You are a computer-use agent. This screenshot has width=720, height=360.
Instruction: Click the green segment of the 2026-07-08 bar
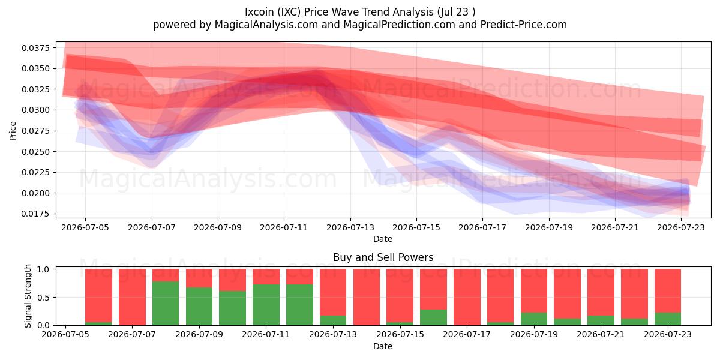pyautogui.click(x=166, y=303)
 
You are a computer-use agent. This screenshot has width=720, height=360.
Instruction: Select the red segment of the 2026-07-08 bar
pyautogui.click(x=166, y=275)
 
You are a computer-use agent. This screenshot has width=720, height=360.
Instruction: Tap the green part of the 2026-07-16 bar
pyautogui.click(x=433, y=317)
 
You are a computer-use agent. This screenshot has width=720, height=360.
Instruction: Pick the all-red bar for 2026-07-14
pyautogui.click(x=367, y=297)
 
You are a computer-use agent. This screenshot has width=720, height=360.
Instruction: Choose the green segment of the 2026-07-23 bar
pyautogui.click(x=668, y=319)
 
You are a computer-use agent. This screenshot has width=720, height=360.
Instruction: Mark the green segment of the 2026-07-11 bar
pyautogui.click(x=266, y=305)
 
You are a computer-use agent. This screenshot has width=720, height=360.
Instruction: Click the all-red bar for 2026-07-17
pyautogui.click(x=467, y=297)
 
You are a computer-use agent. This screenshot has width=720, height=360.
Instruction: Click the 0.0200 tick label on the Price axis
pyautogui.click(x=36, y=193)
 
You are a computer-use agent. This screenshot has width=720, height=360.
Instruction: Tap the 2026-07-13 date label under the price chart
pyautogui.click(x=350, y=227)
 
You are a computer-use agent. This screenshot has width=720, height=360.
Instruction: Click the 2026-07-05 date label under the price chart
pyautogui.click(x=85, y=227)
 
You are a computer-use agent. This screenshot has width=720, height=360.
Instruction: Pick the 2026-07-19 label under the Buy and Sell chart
pyautogui.click(x=534, y=334)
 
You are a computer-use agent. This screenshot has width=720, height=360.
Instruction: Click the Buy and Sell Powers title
pyautogui.click(x=383, y=257)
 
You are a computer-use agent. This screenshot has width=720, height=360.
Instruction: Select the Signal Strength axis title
pyautogui.click(x=28, y=296)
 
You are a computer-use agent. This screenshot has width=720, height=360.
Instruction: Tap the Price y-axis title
pyautogui.click(x=13, y=131)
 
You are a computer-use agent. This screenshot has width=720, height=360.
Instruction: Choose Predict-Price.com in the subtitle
pyautogui.click(x=524, y=25)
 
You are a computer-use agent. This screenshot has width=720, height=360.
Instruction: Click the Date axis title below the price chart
pyautogui.click(x=383, y=239)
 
